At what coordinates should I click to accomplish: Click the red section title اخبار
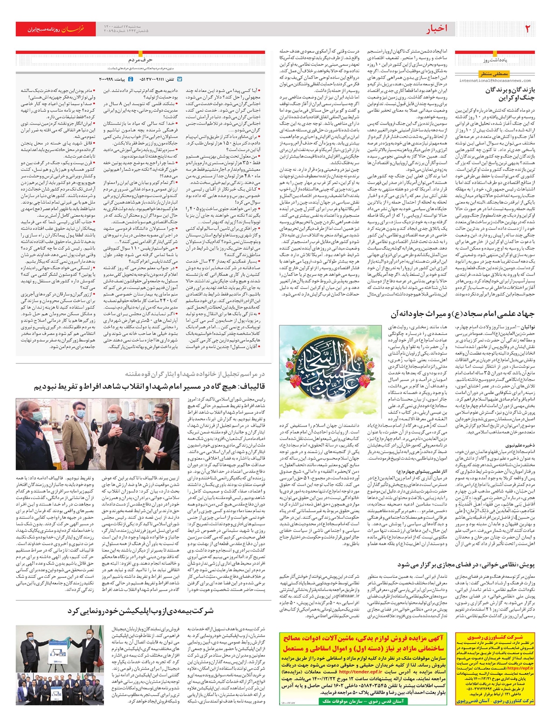coord(437,29)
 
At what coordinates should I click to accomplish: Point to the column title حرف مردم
coord(140,60)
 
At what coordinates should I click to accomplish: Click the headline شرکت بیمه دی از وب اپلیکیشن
coord(140,611)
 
